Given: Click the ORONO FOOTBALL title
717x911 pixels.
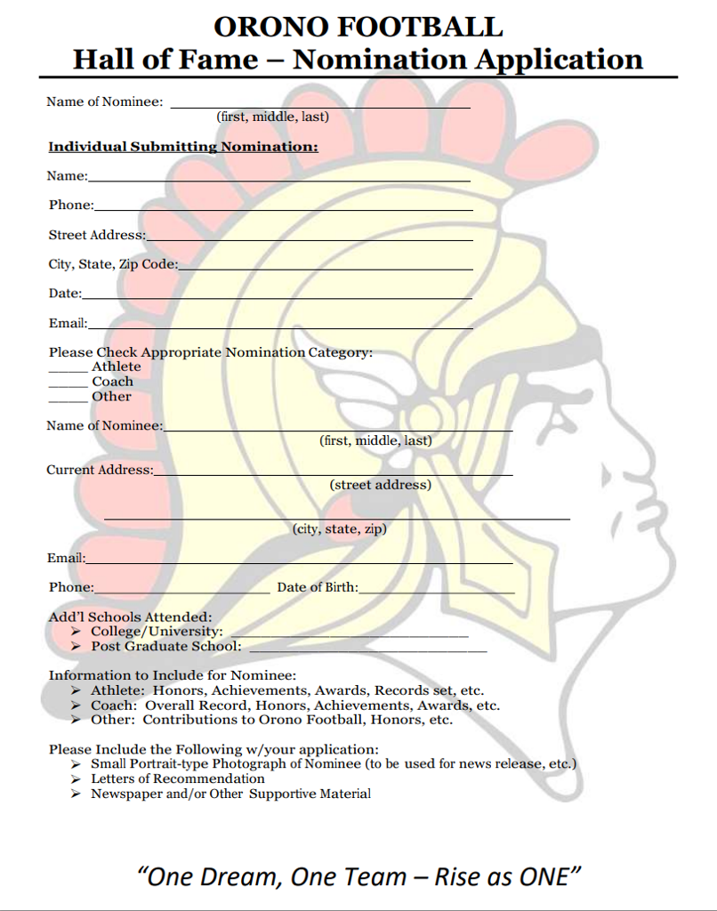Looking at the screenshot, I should (x=358, y=26).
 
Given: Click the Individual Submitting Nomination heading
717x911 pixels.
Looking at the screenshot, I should (x=182, y=146).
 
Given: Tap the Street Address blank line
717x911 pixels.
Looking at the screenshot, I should (x=309, y=238).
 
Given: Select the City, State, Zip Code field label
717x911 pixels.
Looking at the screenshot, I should (x=113, y=264).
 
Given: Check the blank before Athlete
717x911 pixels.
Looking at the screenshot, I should (x=68, y=368).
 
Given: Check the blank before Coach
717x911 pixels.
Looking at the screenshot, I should (x=68, y=383).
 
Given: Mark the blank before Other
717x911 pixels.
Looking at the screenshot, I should (x=68, y=399).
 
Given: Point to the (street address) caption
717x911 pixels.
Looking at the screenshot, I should (x=380, y=485).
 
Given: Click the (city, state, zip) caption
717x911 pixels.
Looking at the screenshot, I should (x=339, y=528).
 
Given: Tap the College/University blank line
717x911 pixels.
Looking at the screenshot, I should (x=349, y=635).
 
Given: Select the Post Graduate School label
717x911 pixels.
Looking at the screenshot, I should (x=165, y=647).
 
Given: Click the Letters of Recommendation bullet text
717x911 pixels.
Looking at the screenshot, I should (x=178, y=778).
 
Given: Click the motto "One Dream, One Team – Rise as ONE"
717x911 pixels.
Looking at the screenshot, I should (x=358, y=876).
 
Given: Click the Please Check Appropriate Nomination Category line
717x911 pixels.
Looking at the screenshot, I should (x=210, y=352).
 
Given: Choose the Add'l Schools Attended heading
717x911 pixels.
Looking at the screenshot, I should (x=130, y=617).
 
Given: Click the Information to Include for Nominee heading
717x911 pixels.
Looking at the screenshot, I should (x=172, y=675).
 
